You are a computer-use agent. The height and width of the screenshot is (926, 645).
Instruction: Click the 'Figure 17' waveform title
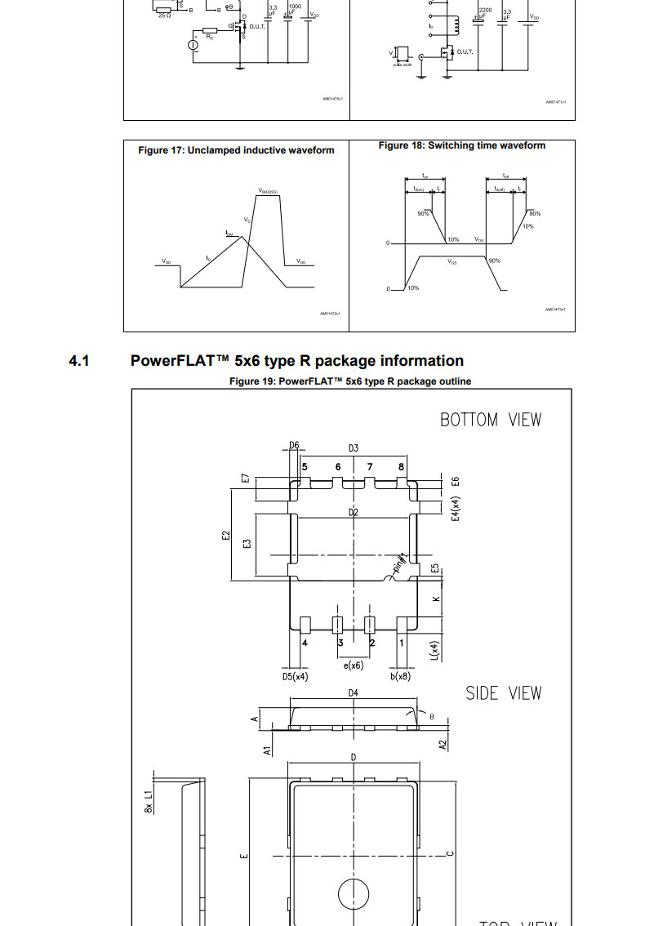[x=236, y=150]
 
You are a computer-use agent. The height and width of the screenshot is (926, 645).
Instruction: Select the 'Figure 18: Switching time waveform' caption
[x=461, y=145]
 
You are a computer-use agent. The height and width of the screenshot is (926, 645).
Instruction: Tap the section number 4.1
[x=78, y=361]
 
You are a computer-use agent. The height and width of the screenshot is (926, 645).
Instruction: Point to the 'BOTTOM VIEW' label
[x=490, y=420]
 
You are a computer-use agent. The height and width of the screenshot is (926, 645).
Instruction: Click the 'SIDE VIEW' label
[x=503, y=693]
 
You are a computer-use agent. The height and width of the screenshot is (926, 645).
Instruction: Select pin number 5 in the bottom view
[x=305, y=467]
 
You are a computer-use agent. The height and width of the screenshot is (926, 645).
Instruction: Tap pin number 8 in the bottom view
[x=401, y=467]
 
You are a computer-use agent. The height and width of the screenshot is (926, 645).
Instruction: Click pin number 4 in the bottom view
[x=305, y=643]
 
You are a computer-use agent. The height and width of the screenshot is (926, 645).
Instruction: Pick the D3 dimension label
[x=354, y=448]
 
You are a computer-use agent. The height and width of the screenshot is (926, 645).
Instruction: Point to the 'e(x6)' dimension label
[x=354, y=666]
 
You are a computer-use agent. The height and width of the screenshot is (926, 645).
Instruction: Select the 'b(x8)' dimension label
[x=400, y=676]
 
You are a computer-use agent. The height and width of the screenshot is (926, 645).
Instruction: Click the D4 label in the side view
[x=354, y=693]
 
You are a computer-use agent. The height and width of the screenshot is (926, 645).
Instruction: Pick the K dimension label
[x=436, y=599]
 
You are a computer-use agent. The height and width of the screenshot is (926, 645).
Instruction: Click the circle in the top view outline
[x=354, y=893]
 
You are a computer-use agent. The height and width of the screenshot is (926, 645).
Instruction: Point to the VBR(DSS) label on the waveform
[x=268, y=191]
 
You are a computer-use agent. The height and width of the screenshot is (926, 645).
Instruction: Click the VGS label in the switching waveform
[x=452, y=263]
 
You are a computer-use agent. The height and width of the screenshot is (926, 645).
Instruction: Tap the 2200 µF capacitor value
[x=485, y=8]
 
